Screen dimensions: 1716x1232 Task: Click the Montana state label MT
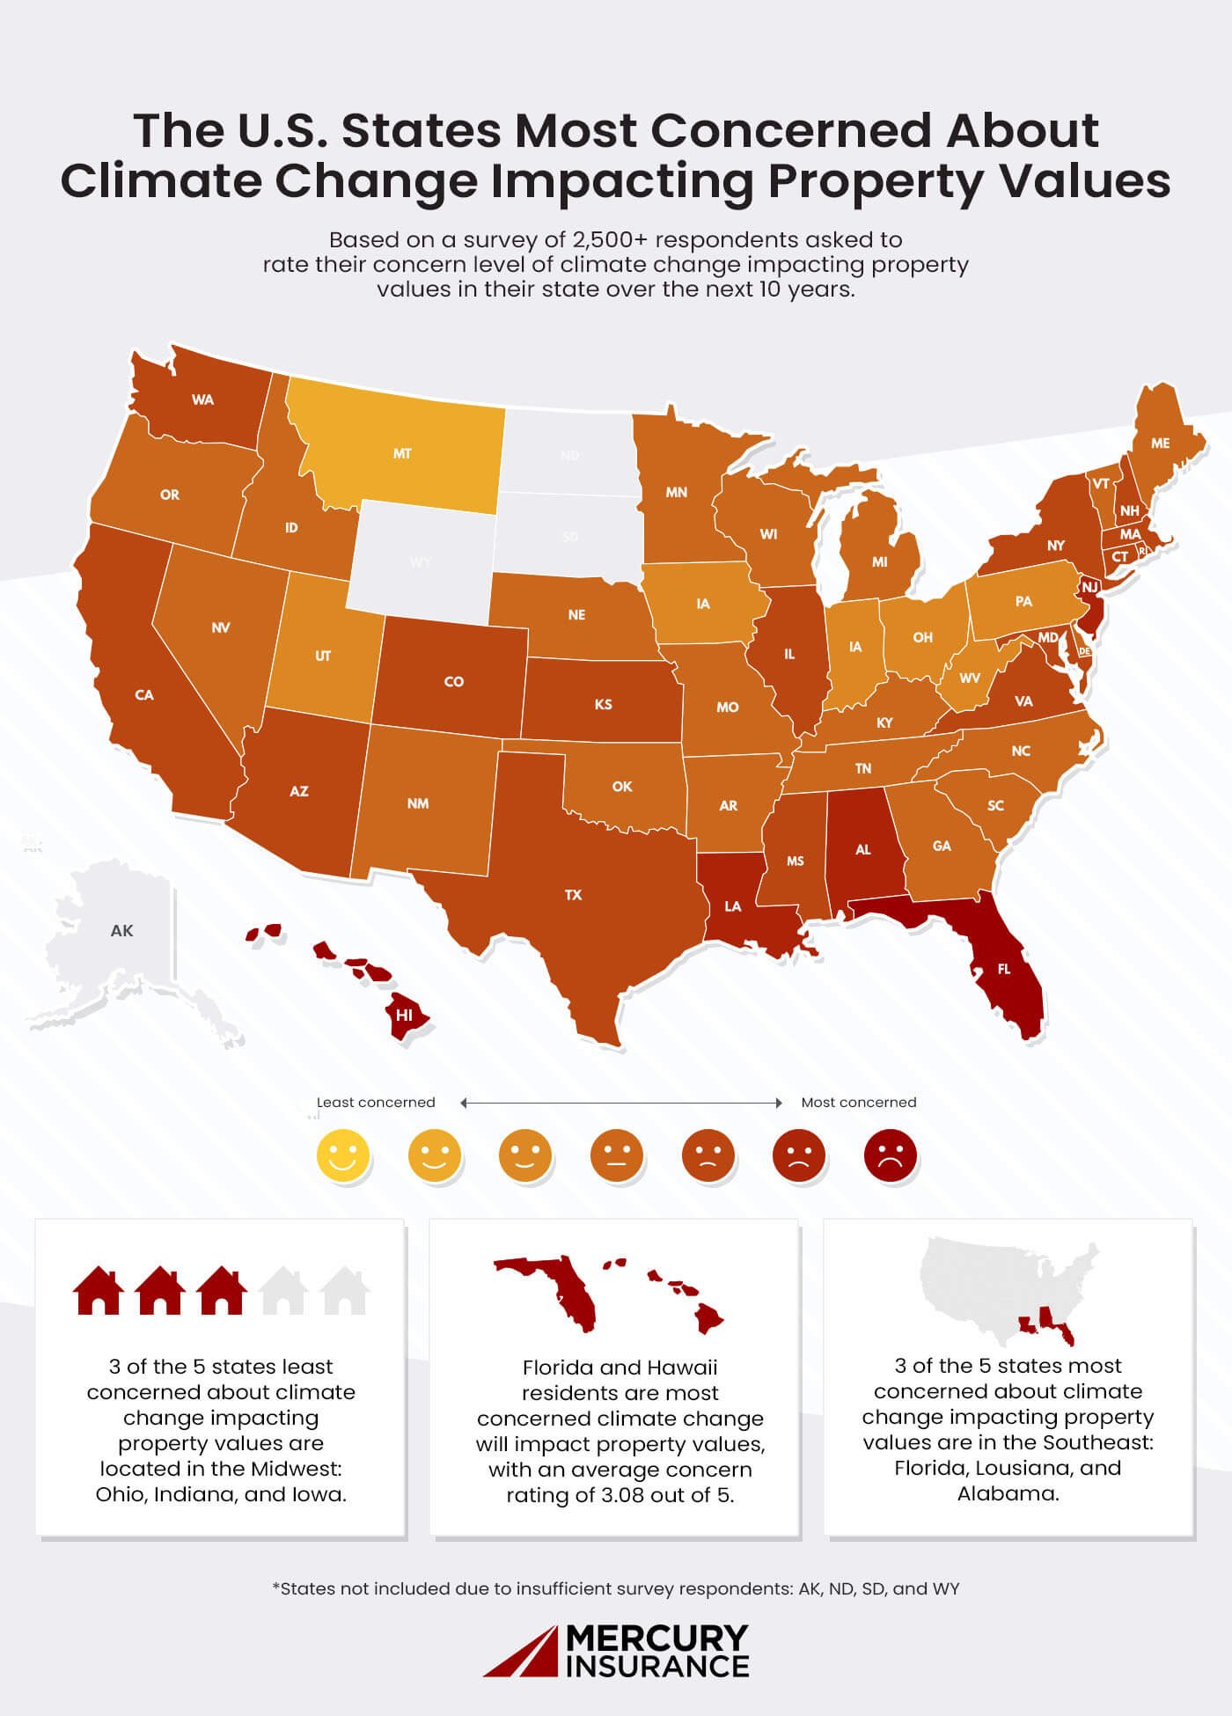coord(402,454)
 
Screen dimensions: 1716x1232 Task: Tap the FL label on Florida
coord(1004,969)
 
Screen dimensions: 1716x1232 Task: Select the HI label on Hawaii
coord(404,1015)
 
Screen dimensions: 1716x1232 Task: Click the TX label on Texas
coord(573,895)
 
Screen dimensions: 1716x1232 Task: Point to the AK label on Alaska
coord(121,931)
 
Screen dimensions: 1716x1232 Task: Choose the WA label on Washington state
coord(202,400)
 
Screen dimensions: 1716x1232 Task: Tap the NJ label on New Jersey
coord(1089,587)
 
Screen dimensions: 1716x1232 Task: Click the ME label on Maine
coord(1161,444)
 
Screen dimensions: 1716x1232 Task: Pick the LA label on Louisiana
coord(732,906)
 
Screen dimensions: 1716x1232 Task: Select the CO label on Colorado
coord(453,682)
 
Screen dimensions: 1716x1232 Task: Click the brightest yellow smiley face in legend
coord(343,1155)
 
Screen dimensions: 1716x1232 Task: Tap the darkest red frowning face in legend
coord(890,1155)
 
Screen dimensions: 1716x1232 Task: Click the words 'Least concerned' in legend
coord(376,1103)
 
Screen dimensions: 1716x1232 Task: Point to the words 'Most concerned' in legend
coord(858,1103)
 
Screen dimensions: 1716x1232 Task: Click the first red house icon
coord(97,1291)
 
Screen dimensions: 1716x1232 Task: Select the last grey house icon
coord(343,1291)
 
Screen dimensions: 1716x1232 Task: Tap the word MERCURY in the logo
coord(656,1639)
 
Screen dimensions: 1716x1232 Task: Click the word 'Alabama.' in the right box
coord(1008,1493)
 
